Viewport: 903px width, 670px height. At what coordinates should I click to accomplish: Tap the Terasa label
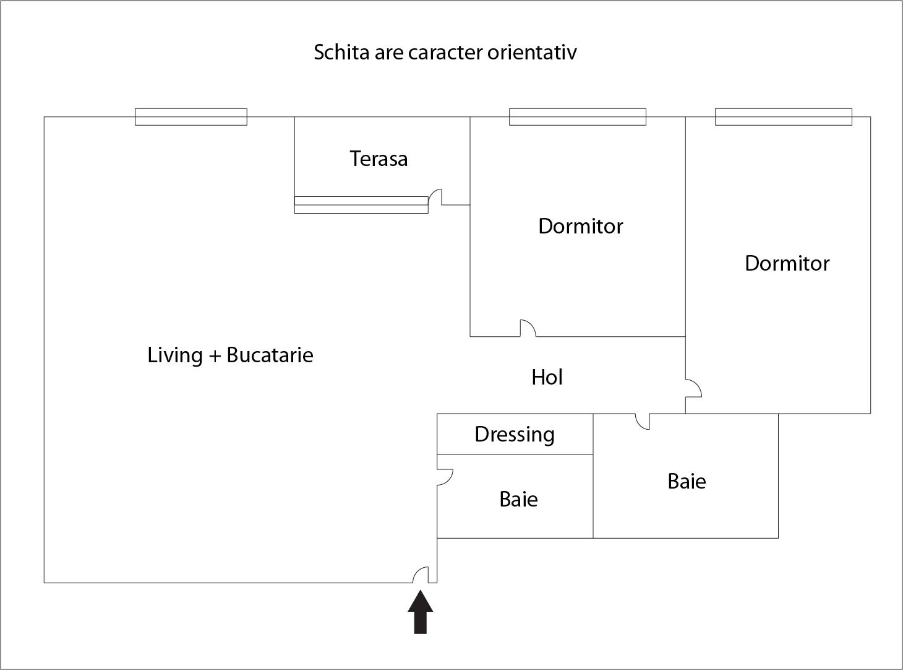pyautogui.click(x=379, y=159)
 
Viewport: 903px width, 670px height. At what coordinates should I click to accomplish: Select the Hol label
pyautogui.click(x=547, y=377)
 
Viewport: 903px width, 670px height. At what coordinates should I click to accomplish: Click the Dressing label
pyautogui.click(x=514, y=434)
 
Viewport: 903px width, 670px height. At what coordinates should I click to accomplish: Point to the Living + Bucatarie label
pyautogui.click(x=230, y=355)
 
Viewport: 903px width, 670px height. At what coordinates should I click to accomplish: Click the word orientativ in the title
pyautogui.click(x=532, y=52)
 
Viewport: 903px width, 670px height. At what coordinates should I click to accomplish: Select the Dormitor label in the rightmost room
pyautogui.click(x=787, y=263)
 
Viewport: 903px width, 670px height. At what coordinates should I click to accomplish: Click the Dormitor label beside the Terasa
pyautogui.click(x=580, y=226)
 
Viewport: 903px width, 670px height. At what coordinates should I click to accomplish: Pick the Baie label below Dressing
pyautogui.click(x=518, y=499)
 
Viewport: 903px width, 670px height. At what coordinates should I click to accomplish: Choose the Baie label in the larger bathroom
pyautogui.click(x=687, y=481)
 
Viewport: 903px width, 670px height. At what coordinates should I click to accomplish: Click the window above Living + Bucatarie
pyautogui.click(x=191, y=116)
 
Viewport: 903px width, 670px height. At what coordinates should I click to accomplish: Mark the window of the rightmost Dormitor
pyautogui.click(x=783, y=116)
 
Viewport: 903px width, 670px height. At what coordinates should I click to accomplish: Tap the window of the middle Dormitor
pyautogui.click(x=577, y=116)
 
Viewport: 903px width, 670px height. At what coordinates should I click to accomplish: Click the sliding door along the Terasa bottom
pyautogui.click(x=361, y=204)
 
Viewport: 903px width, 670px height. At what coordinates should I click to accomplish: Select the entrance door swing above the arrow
pyautogui.click(x=421, y=575)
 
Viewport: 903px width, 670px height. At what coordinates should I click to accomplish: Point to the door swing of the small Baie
pyautogui.click(x=445, y=477)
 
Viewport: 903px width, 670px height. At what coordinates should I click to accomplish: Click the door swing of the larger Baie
pyautogui.click(x=643, y=422)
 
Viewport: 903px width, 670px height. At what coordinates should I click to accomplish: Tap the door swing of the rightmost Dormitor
pyautogui.click(x=693, y=388)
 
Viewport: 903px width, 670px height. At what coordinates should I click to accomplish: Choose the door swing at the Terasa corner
pyautogui.click(x=435, y=197)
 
